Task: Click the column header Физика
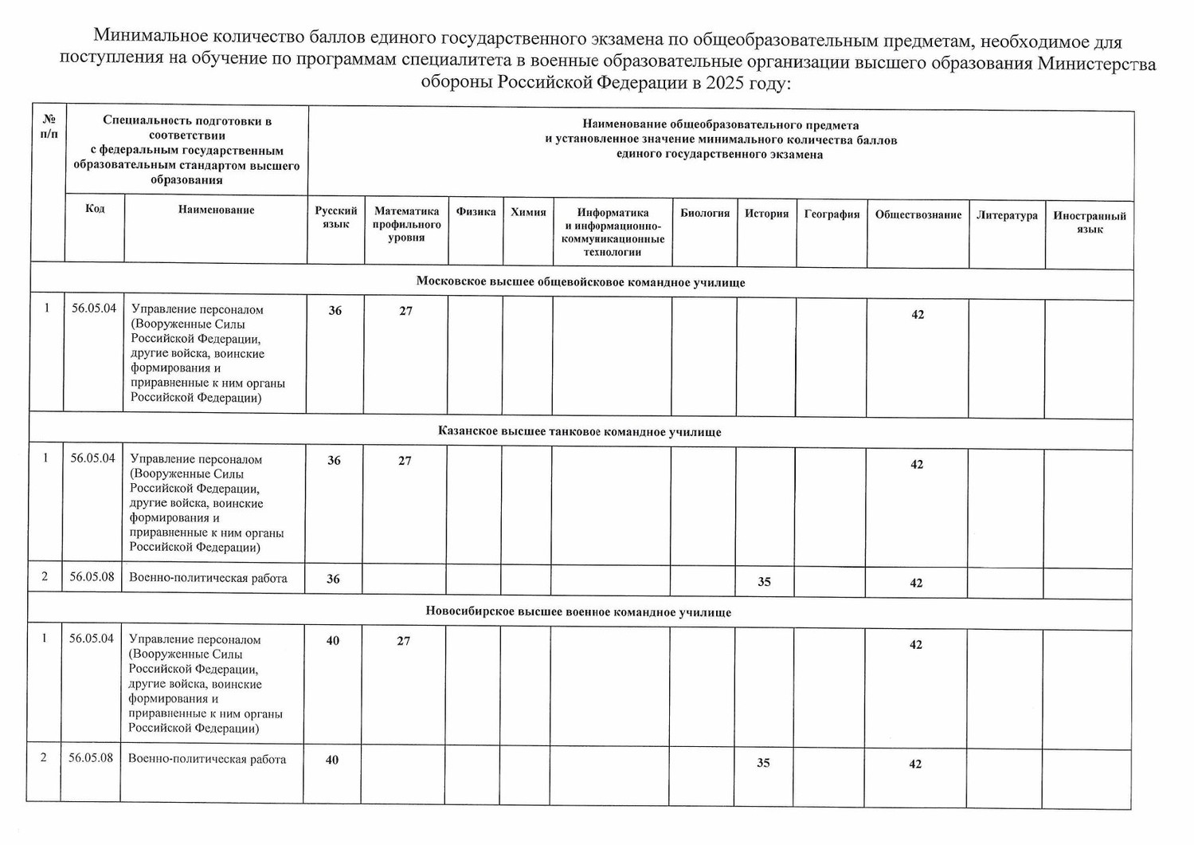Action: tap(476, 212)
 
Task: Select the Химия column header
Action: tap(528, 212)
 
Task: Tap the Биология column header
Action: tap(705, 213)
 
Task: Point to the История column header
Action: tap(766, 214)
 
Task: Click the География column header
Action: tap(832, 214)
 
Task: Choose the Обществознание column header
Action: tap(918, 214)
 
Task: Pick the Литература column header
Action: tap(1007, 215)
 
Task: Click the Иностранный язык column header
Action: tap(1089, 222)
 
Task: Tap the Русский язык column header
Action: tap(336, 218)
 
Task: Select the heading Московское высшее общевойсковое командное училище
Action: tap(581, 282)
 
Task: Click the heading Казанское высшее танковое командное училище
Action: tap(579, 431)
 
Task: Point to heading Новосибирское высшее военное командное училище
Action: tap(578, 612)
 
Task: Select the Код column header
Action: tap(95, 209)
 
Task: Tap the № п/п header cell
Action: tap(49, 127)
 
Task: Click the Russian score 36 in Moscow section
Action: tap(335, 311)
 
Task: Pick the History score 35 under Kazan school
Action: tap(764, 582)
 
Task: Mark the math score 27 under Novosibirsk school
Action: tap(404, 641)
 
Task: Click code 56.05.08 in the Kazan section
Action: tap(92, 576)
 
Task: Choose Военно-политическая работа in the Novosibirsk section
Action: tap(207, 759)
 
